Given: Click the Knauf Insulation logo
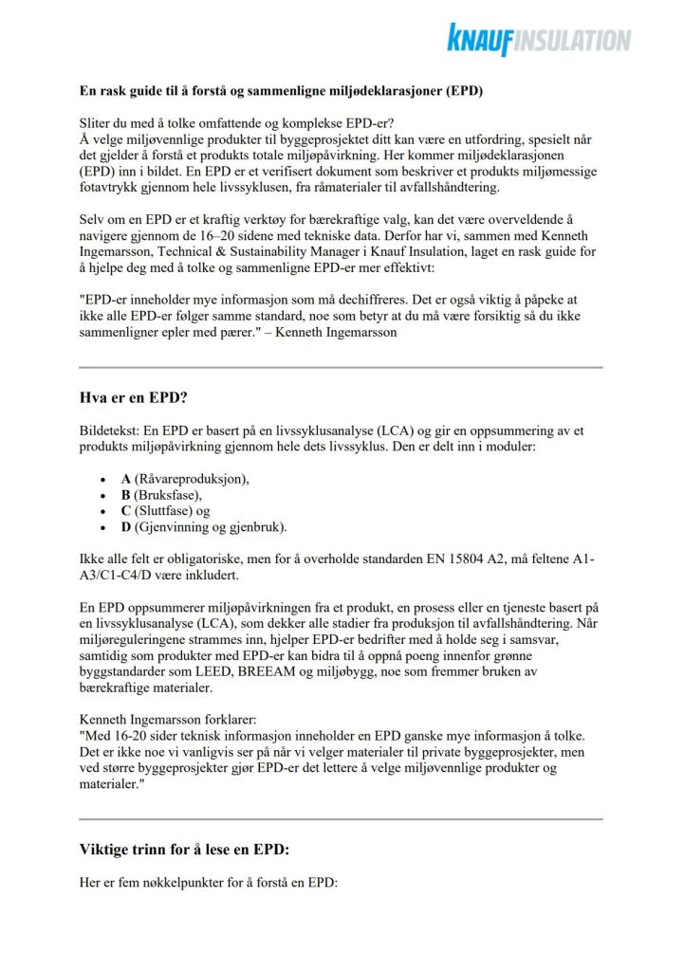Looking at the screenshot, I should click(x=539, y=39).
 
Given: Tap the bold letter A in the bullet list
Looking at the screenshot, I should click(x=126, y=479).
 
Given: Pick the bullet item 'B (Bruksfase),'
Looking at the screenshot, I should click(x=162, y=495).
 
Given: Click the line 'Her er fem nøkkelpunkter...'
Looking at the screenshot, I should click(x=209, y=883).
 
